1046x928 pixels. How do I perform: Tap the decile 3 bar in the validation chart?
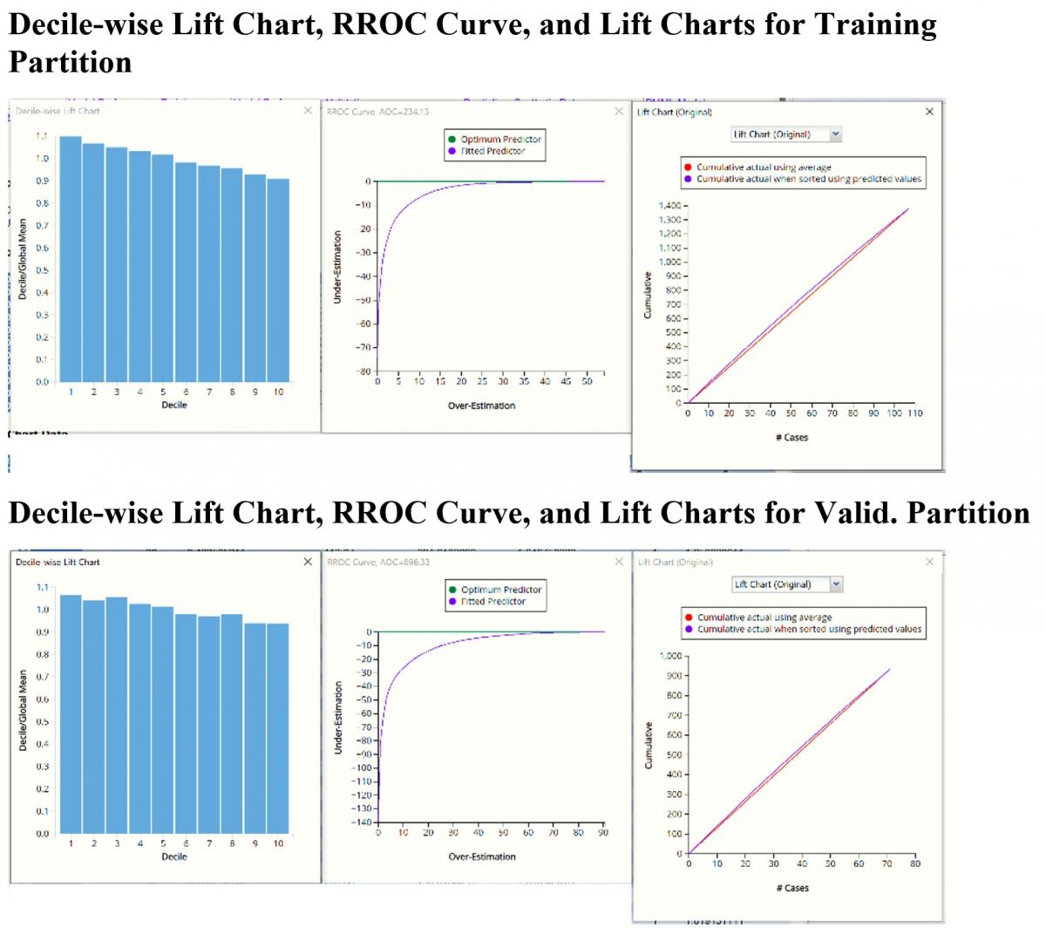(117, 714)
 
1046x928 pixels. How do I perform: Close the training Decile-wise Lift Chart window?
(308, 111)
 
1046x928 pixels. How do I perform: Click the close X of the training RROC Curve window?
(619, 112)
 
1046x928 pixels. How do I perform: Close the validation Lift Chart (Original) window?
(929, 562)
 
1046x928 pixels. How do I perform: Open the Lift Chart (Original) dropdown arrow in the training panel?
(835, 134)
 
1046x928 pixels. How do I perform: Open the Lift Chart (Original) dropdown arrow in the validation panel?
(836, 584)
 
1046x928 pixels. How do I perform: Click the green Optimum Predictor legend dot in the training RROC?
(452, 140)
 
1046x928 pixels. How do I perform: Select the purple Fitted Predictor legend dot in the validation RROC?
(452, 601)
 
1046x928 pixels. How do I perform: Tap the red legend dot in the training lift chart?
(687, 167)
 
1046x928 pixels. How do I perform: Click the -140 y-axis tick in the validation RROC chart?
(361, 822)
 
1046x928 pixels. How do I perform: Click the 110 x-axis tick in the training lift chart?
(914, 413)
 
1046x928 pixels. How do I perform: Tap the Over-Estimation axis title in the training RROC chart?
(481, 406)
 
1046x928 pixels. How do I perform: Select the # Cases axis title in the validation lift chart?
(791, 888)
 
